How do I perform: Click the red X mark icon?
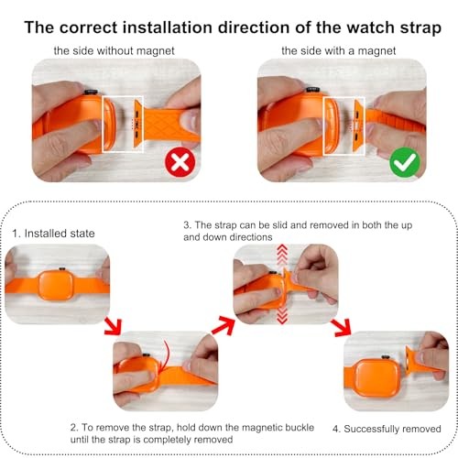(180, 162)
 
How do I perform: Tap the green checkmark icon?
(405, 162)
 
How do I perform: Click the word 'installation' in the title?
(168, 27)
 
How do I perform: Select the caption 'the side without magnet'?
(114, 50)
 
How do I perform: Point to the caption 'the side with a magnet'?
(339, 50)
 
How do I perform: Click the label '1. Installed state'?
(53, 234)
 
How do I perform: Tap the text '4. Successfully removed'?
(387, 429)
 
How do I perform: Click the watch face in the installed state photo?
(56, 285)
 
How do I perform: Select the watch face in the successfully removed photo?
(377, 378)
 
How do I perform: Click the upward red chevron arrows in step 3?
(282, 255)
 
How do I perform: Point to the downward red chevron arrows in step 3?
(282, 315)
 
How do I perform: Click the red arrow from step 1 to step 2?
(114, 326)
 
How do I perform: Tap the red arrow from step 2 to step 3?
(224, 326)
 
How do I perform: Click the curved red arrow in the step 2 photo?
(165, 355)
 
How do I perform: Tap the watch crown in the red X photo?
(91, 92)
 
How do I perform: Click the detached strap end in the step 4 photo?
(424, 359)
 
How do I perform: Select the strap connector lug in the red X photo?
(138, 124)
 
